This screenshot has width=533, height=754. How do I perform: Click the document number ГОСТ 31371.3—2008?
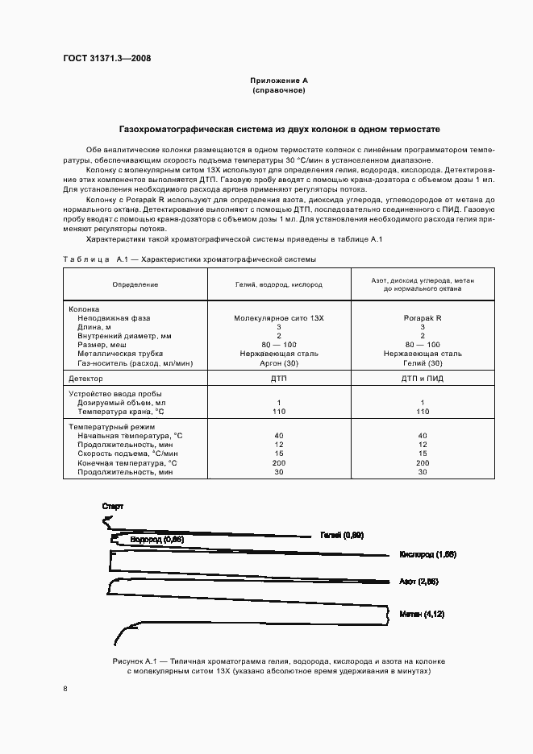pos(106,58)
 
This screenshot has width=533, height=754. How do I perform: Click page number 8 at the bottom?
pos(65,688)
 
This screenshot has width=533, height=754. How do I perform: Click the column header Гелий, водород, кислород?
pos(278,284)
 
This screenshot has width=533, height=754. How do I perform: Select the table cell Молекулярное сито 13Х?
pos(278,318)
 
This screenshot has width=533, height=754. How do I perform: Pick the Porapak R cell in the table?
pos(423,318)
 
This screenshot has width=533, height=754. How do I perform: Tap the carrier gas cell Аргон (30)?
pos(278,364)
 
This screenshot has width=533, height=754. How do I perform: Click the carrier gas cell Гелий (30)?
pos(423,364)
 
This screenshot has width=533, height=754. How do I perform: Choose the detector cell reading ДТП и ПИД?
pos(423,378)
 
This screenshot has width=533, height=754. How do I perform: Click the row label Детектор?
pos(86,378)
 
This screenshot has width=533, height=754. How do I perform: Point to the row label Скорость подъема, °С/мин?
pos(127,454)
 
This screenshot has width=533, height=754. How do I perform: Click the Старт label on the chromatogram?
pos(113,505)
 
